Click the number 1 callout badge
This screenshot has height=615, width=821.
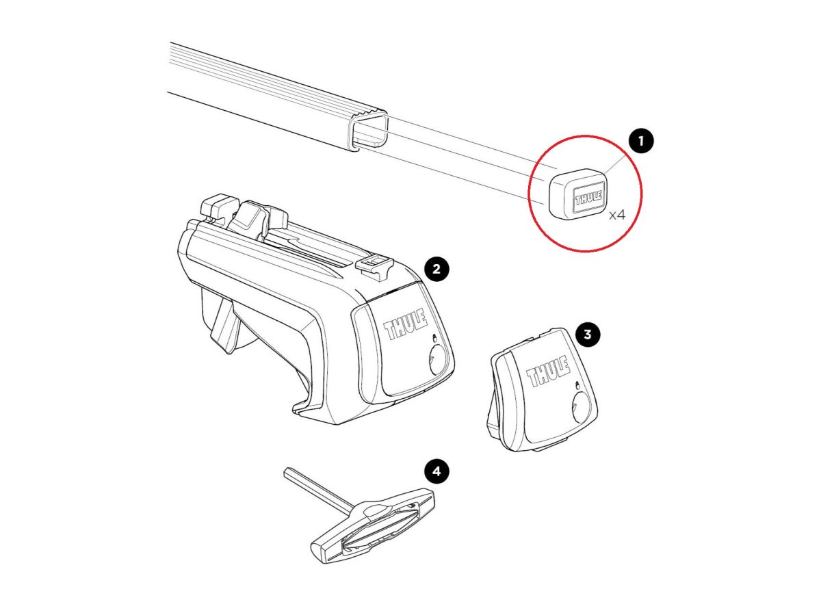coord(641,141)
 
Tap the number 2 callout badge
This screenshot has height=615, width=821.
coord(436,269)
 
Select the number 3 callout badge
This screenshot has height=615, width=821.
coord(588,334)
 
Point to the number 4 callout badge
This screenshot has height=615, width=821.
coord(436,471)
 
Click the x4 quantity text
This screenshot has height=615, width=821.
coord(617,215)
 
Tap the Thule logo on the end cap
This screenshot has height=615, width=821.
coord(588,197)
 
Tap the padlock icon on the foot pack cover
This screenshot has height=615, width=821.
coord(434,337)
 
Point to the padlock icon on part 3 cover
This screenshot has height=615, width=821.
coord(577,385)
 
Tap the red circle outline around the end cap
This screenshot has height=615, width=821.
coord(528,194)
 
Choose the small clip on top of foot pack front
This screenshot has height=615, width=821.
coord(375,267)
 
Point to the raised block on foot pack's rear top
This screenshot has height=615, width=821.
coord(220,206)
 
